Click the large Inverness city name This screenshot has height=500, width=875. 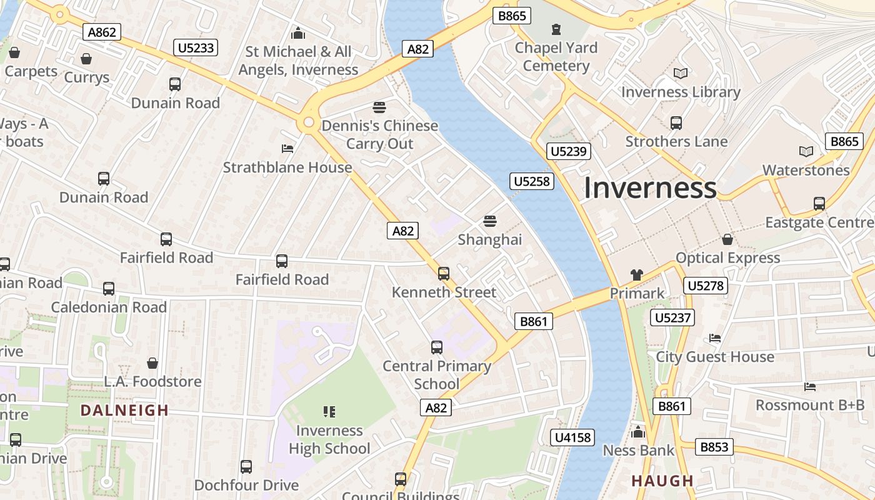coord(650,188)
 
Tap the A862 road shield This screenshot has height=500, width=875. coord(102,32)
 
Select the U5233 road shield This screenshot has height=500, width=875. coord(196,47)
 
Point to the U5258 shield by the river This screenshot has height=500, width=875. coord(532,181)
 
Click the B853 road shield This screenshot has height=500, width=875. coord(714,447)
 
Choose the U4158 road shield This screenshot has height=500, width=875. coord(572,437)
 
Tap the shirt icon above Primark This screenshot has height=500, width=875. coord(637,274)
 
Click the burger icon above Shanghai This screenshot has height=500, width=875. coord(490,221)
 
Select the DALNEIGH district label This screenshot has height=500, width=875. coord(125,411)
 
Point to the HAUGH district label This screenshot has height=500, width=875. coord(662,481)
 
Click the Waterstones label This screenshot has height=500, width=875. coord(806,170)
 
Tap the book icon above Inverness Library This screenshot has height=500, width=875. coord(681,74)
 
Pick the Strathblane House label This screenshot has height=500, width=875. coord(287,167)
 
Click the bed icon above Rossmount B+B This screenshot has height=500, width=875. coord(810,387)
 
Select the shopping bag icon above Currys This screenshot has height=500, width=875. coord(86,59)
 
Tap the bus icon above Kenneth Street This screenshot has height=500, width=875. coord(444,273)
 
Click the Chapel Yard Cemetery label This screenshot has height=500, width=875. coord(556,57)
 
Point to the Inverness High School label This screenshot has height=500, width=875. coord(329,439)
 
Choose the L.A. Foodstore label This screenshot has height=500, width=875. coord(152,381)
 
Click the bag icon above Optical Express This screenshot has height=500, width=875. coord(727,239)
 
